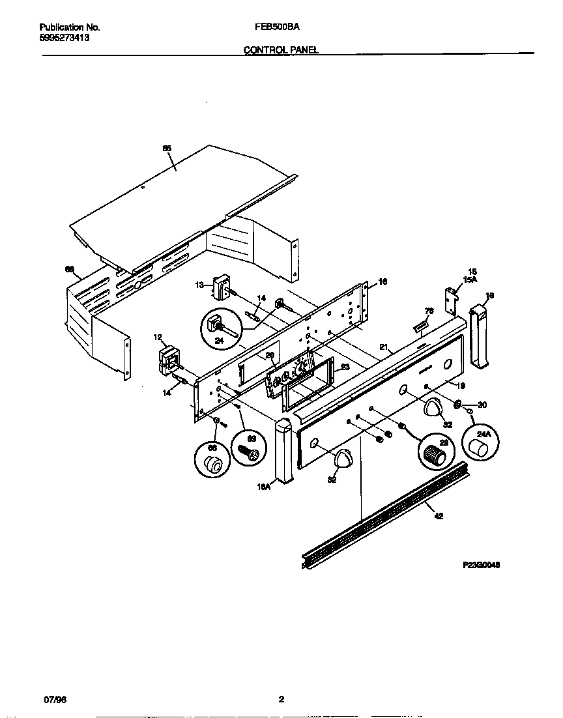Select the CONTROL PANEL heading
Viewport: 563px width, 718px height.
[x=281, y=50]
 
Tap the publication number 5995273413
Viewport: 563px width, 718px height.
[x=65, y=38]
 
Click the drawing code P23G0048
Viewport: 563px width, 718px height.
[x=482, y=565]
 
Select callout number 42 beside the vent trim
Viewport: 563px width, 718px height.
[x=439, y=517]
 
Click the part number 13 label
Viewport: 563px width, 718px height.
[x=199, y=283]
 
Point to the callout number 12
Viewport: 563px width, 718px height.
[x=158, y=337]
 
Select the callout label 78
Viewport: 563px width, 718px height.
[x=429, y=311]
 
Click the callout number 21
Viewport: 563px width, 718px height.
[x=384, y=347]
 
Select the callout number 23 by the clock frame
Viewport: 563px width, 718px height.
[x=345, y=367]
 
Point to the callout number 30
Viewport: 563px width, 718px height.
[x=482, y=405]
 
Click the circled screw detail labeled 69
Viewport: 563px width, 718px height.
[x=250, y=448]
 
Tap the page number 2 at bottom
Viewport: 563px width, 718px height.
[x=281, y=700]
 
